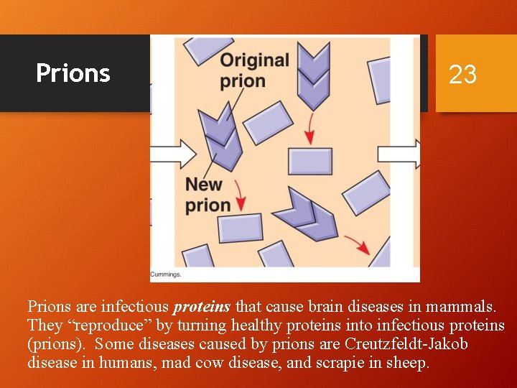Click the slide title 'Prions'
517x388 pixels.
tap(73, 73)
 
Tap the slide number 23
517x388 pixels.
tap(462, 74)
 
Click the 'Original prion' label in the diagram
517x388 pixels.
tap(254, 70)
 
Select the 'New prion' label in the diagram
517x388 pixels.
tap(208, 194)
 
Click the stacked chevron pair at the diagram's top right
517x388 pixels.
tap(312, 72)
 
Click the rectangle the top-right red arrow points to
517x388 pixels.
tap(309, 160)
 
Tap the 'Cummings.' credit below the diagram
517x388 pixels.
tap(166, 274)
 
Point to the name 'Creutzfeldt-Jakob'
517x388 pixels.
tap(406, 344)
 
